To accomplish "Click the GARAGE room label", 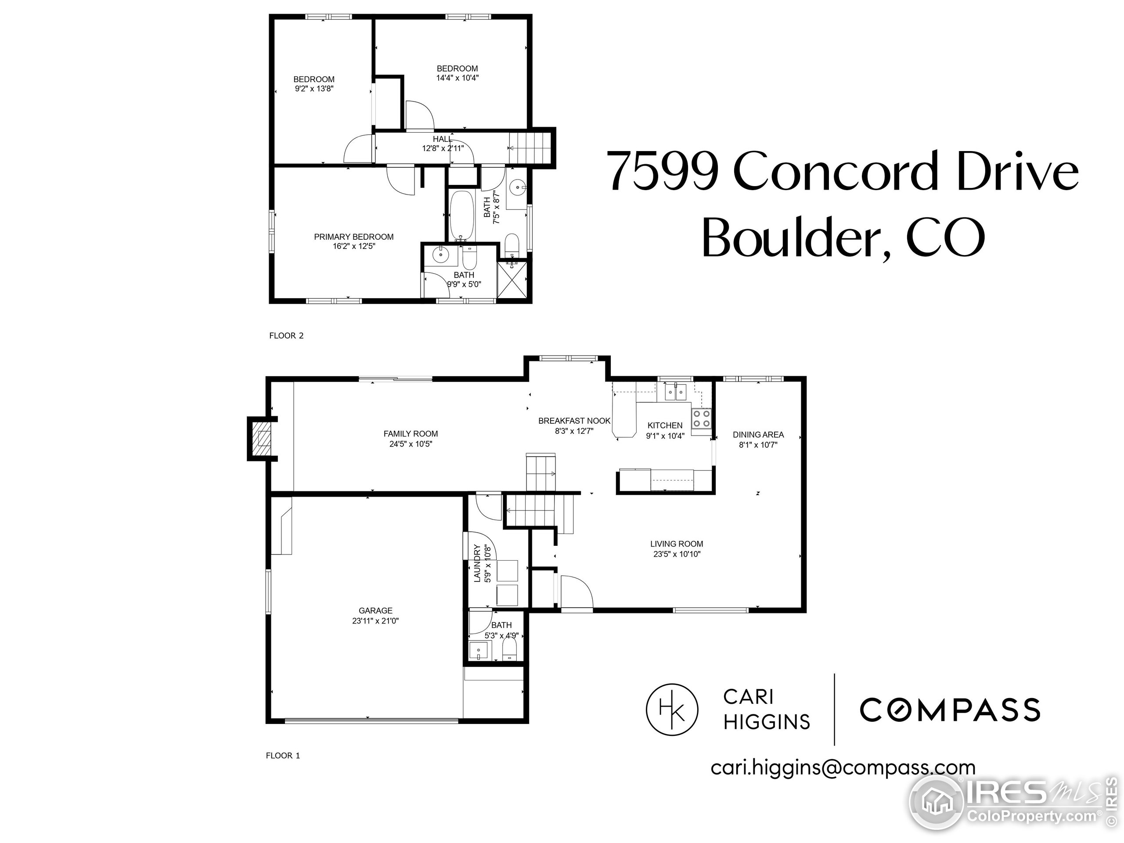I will [x=375, y=610].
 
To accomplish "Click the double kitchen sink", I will [x=675, y=392].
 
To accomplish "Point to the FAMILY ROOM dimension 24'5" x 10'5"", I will [x=410, y=443].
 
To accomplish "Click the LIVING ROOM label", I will [x=676, y=544].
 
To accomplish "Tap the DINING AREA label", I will [x=758, y=435].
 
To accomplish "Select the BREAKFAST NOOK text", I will [x=574, y=421].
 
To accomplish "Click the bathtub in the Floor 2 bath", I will [x=462, y=216].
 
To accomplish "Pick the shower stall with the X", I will [x=513, y=280].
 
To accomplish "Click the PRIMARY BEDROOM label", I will [x=353, y=237].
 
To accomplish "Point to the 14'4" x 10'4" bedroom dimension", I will [x=458, y=78].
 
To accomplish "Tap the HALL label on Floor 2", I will [x=442, y=139].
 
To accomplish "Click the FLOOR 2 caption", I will [x=286, y=335].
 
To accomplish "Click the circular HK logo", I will [x=672, y=710].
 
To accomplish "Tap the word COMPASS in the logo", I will [x=949, y=710].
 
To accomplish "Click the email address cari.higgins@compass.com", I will [x=843, y=767].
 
